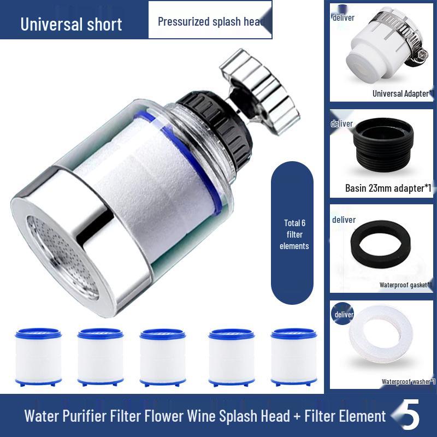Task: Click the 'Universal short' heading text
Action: [x=71, y=24]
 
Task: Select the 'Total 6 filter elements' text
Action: [x=294, y=234]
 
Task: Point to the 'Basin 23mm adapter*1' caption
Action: [x=388, y=188]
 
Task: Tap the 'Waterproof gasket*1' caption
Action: [x=406, y=285]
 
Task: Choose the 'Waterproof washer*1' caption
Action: [x=408, y=381]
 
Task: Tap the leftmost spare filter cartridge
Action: [x=38, y=357]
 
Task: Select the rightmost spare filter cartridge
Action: [x=293, y=357]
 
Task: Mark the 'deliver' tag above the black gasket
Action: [x=344, y=220]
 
